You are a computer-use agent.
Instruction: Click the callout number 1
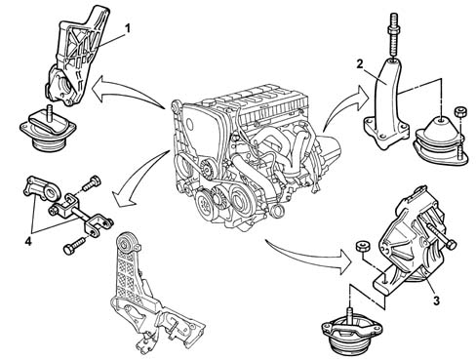(x=128, y=28)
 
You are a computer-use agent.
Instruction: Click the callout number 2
(x=360, y=64)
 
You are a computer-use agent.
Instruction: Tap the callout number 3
(x=437, y=300)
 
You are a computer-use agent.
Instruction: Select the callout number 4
(x=28, y=241)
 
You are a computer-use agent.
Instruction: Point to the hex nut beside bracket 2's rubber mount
(x=460, y=112)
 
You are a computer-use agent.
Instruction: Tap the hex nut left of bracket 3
(x=361, y=246)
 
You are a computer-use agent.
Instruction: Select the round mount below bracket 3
(x=349, y=332)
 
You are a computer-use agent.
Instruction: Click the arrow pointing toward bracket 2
(x=344, y=104)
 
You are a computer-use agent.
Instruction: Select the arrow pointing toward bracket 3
(x=309, y=256)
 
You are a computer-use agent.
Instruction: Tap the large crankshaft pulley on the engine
(x=207, y=204)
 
